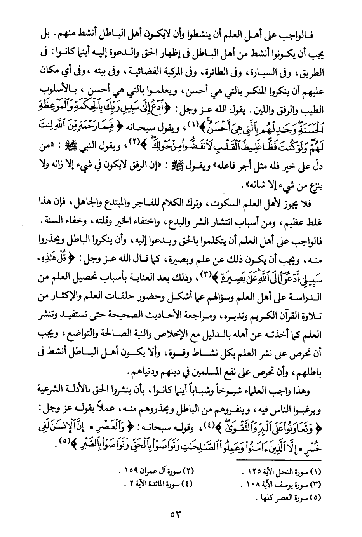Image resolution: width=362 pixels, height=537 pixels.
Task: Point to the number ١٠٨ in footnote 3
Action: click(x=256, y=485)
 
